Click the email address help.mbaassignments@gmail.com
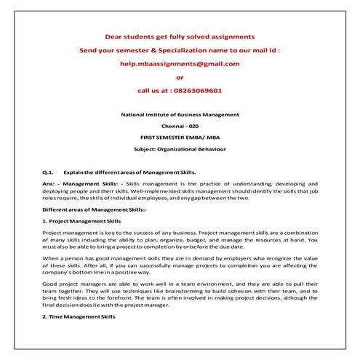click(180, 63)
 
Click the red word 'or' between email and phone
click(180, 77)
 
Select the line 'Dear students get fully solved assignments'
click(180, 36)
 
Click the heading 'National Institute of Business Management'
click(180, 116)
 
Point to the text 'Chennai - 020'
click(180, 127)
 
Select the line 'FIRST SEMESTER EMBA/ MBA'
click(180, 137)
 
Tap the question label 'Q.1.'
click(48, 172)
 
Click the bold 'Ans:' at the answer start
click(49, 185)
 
